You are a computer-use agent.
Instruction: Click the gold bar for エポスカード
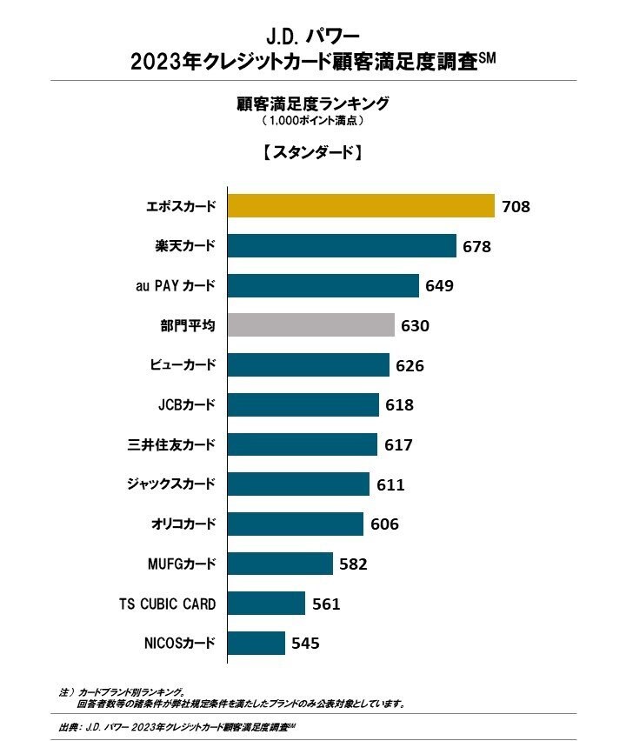tap(361, 205)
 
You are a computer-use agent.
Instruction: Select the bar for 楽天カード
tap(342, 245)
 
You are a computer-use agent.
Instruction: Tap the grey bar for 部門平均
tap(310, 325)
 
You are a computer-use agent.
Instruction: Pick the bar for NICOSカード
tap(256, 644)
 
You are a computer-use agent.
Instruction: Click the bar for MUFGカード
tap(280, 564)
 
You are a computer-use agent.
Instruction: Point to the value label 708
tap(516, 206)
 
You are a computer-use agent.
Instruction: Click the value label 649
tap(439, 285)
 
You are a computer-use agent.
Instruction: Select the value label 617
tap(398, 445)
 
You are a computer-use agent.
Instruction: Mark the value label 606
tap(383, 524)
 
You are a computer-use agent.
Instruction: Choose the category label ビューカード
tap(182, 365)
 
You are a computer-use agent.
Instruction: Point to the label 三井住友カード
tap(171, 444)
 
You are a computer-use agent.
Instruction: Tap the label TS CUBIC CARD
tap(167, 604)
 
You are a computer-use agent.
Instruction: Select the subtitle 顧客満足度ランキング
tap(312, 103)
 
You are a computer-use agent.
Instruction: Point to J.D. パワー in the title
tap(312, 37)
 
